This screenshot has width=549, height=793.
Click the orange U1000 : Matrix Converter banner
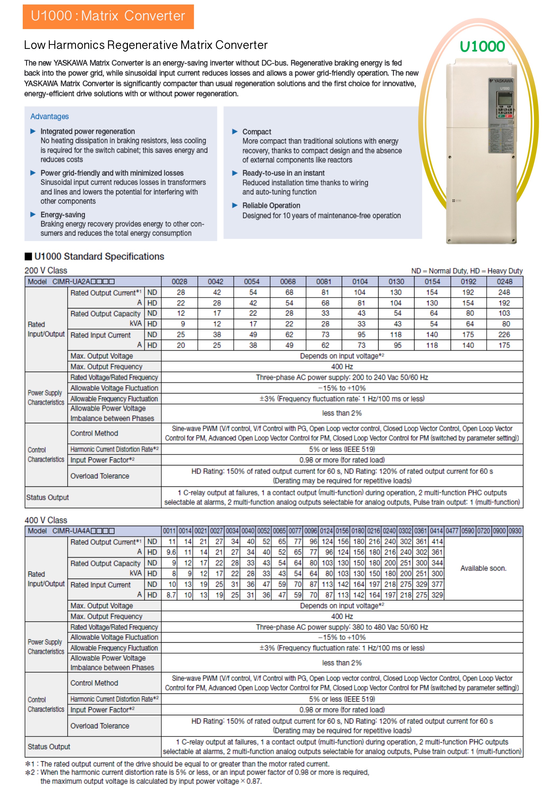[x=108, y=16]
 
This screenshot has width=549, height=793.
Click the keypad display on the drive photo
[x=504, y=100]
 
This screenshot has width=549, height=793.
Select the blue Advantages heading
[x=49, y=117]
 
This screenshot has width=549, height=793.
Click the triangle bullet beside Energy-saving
[x=33, y=215]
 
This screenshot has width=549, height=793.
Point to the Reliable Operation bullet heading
[x=271, y=206]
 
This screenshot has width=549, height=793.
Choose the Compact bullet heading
[x=257, y=132]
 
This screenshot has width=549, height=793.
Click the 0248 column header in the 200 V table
[x=504, y=282]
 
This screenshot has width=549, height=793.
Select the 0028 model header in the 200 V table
[x=179, y=282]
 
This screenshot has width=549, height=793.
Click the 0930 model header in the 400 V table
[x=515, y=531]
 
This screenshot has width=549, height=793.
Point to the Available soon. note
[x=483, y=568]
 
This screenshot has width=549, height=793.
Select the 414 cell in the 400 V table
[x=436, y=542]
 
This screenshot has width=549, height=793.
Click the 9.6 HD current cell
[x=171, y=552]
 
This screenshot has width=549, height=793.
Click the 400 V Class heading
[x=46, y=520]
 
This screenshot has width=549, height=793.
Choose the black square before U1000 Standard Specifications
[x=28, y=257]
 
